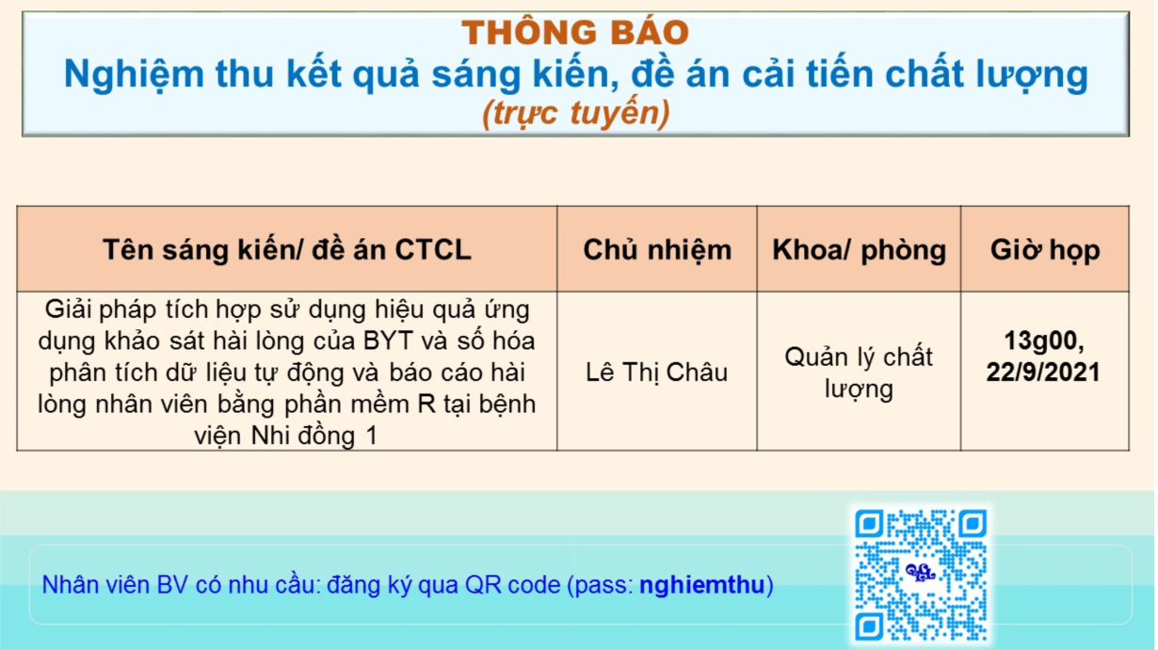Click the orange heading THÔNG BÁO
[x=575, y=32]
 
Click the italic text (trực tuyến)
[x=575, y=113]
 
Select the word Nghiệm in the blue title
[x=135, y=75]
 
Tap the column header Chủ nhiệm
[x=657, y=250]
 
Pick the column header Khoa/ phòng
[x=859, y=250]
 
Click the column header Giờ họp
[x=1045, y=250]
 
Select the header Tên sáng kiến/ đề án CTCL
[x=287, y=250]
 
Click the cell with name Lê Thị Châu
[x=656, y=373]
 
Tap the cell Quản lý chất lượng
[x=859, y=373]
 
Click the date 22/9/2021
[x=1043, y=373]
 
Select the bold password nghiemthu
[x=701, y=585]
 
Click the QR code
[x=921, y=575]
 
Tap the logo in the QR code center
[x=920, y=572]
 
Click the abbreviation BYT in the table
[x=388, y=341]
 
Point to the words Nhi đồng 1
[x=314, y=436]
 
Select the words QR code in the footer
[x=513, y=585]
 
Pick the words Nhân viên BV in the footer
[x=115, y=585]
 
